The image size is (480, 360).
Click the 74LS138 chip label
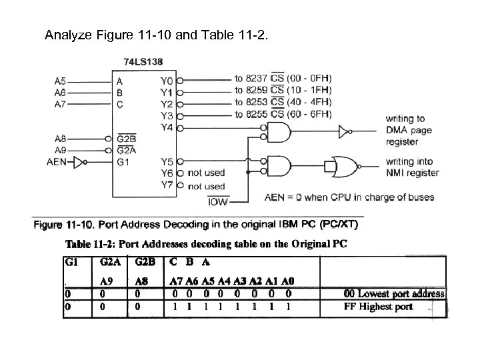(143, 61)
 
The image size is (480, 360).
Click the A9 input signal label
(60, 150)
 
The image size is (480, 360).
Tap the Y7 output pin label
(167, 185)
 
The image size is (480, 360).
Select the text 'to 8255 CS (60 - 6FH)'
(283, 115)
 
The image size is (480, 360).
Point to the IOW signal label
(218, 201)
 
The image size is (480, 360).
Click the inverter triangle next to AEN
(81, 161)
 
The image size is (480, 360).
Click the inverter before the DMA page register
(343, 133)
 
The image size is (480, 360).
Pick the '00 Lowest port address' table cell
(393, 293)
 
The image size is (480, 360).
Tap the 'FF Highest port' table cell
(377, 307)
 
